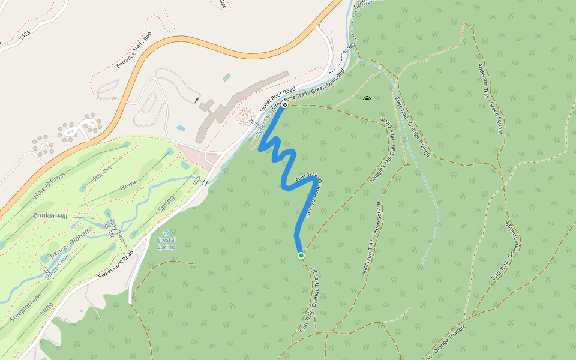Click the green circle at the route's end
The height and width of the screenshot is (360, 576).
pos(301,256)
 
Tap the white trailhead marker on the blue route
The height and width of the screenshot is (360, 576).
pos(284,104)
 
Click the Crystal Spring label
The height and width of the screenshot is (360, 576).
pos(166,243)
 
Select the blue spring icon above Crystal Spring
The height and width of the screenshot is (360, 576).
pos(166,233)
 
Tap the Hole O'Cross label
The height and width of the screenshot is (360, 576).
pos(49,186)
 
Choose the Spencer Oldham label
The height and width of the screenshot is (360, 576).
pos(68,244)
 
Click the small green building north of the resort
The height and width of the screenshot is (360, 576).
pos(226,77)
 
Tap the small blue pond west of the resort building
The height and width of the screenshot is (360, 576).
pos(181,128)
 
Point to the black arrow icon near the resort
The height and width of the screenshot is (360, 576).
pos(197,100)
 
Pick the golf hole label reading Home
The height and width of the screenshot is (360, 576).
pos(129,187)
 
